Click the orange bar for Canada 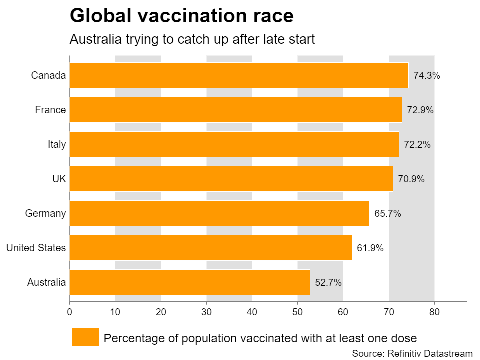(x=239, y=75)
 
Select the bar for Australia (x=190, y=282)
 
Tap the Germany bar (x=219, y=213)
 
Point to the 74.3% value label (x=427, y=76)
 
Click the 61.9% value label (x=370, y=248)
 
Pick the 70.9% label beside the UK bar (x=411, y=179)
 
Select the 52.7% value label (x=328, y=282)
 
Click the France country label (x=50, y=110)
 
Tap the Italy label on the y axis (x=57, y=144)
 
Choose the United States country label (x=36, y=248)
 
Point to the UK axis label (x=59, y=179)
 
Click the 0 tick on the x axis (x=69, y=312)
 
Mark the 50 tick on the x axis (x=297, y=312)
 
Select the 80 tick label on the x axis (x=434, y=312)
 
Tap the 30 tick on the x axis (x=206, y=312)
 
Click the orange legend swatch (x=85, y=337)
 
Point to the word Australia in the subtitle (x=93, y=39)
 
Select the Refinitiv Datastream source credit (x=429, y=353)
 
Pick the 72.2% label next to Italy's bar (x=417, y=145)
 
